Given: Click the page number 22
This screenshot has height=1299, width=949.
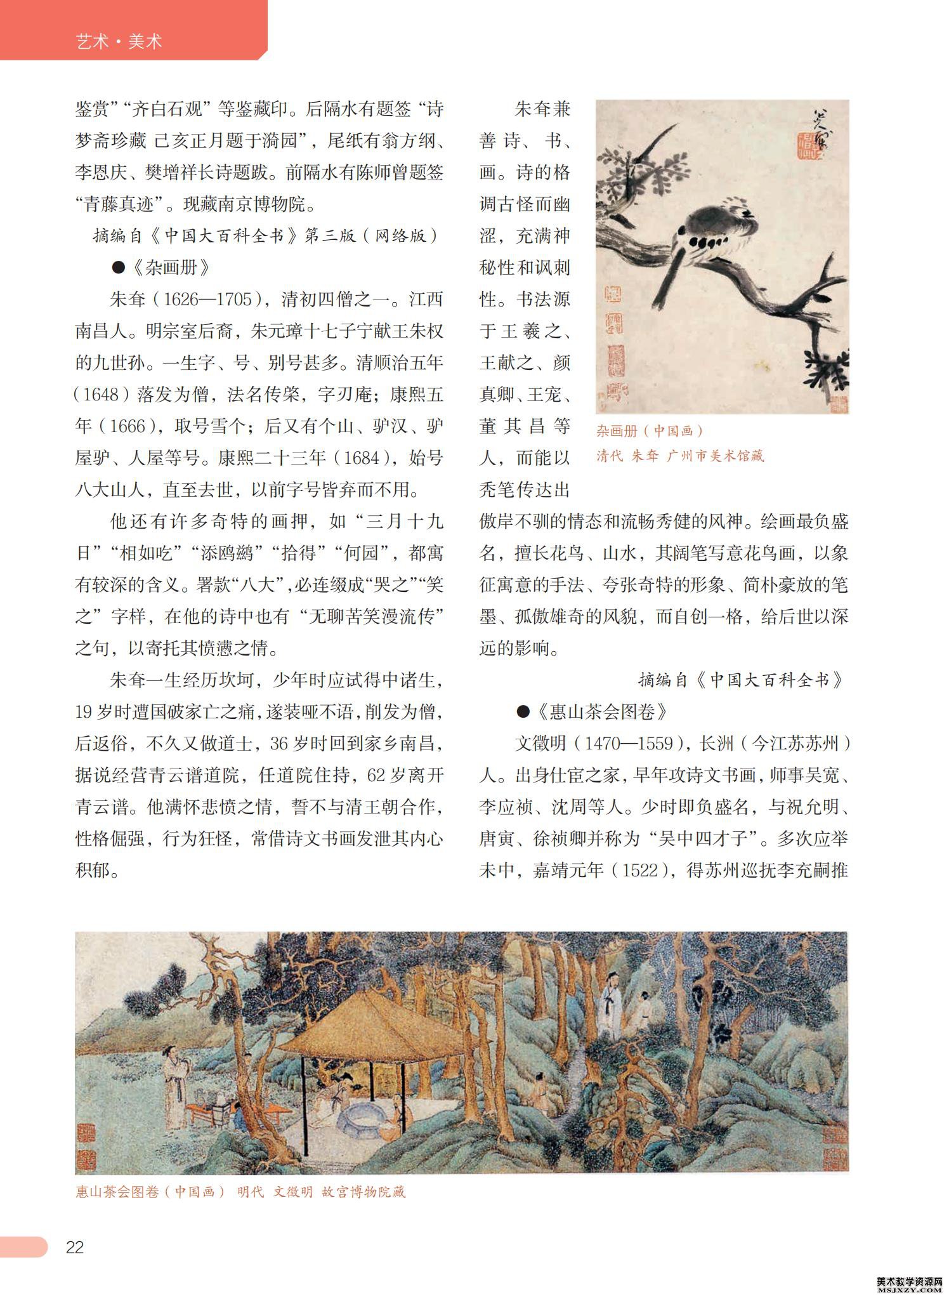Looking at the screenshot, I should (75, 1247).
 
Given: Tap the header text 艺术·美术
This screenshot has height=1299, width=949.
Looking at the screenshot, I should (119, 42).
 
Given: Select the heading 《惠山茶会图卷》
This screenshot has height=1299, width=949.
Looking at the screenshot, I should (601, 712).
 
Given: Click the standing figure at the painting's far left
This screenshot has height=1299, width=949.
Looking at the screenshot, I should (174, 1079).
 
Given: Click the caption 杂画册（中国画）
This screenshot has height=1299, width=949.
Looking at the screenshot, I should (650, 432).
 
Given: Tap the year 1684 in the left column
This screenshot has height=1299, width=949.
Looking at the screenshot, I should (359, 458).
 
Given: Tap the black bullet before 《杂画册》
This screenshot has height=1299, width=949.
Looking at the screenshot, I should (118, 268).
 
